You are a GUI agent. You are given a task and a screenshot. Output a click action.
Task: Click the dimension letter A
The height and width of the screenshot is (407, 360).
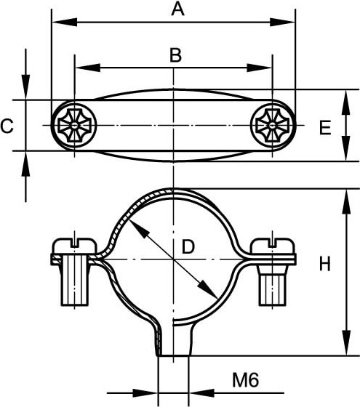(x=177, y=9)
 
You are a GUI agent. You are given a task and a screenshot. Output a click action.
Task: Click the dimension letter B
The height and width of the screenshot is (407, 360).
(x=175, y=55)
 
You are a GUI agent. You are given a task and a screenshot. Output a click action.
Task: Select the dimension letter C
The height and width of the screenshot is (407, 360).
(x=7, y=126)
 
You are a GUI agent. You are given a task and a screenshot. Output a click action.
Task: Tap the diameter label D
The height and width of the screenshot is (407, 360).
(x=188, y=246)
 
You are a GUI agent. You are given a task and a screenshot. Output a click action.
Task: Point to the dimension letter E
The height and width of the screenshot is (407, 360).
(x=325, y=127)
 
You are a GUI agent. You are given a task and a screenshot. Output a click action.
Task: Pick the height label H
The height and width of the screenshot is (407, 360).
(x=324, y=264)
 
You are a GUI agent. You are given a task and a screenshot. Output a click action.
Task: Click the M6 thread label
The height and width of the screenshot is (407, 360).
(x=246, y=380)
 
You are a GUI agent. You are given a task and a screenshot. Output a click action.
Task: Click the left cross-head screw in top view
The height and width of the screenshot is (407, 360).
(x=74, y=125)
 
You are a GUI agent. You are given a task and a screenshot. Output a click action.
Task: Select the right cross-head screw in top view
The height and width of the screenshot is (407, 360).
(x=272, y=126)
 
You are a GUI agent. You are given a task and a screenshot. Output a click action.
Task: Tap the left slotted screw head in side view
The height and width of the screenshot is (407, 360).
(x=75, y=246)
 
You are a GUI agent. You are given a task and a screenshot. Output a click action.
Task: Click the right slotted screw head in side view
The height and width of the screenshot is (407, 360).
(x=272, y=246)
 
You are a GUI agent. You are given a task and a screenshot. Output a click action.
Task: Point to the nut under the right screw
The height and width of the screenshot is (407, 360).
(x=272, y=285)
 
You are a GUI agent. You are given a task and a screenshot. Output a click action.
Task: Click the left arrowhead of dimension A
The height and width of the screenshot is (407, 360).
(x=65, y=23)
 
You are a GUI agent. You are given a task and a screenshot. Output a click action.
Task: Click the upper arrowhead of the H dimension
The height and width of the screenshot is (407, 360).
(x=346, y=202)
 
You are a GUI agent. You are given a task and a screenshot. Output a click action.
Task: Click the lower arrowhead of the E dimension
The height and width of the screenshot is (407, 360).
(x=345, y=149)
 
